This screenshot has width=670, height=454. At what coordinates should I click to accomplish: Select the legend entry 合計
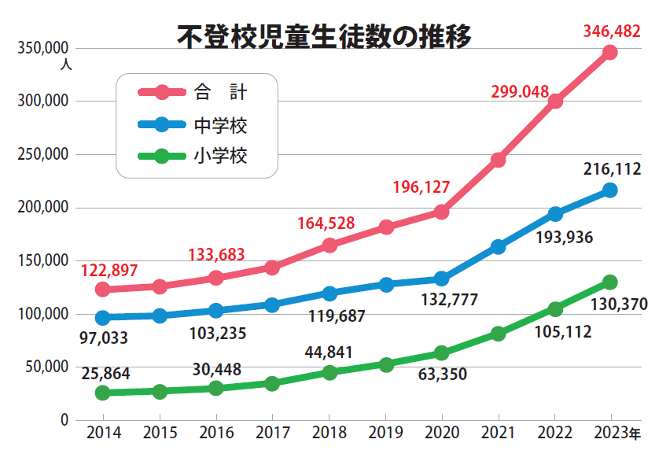pyautogui.click(x=220, y=92)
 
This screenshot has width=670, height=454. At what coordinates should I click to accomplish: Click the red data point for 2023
pyautogui.click(x=609, y=53)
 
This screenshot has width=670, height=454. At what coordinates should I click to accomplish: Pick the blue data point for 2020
pyautogui.click(x=441, y=279)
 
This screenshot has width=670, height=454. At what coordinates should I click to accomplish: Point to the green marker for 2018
pyautogui.click(x=329, y=372)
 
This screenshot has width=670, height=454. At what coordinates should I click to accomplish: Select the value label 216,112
pyautogui.click(x=612, y=168)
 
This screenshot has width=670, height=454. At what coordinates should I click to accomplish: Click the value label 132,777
pyautogui.click(x=450, y=299)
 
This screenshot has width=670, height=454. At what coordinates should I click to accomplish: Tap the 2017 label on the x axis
pyautogui.click(x=272, y=433)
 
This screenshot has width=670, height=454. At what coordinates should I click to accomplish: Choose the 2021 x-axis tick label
pyautogui.click(x=498, y=433)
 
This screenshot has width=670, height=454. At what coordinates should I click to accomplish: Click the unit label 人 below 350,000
pyautogui.click(x=65, y=65)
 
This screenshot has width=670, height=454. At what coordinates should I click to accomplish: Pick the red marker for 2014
pyautogui.click(x=102, y=290)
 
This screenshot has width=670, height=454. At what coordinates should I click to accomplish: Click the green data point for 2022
pyautogui.click(x=554, y=308)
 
